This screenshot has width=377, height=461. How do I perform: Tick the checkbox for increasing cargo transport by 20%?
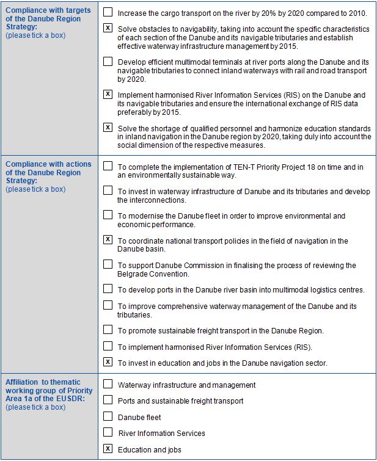(x=108, y=12)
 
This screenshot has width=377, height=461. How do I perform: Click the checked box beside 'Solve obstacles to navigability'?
(x=108, y=28)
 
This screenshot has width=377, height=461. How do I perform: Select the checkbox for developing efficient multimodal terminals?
(x=108, y=61)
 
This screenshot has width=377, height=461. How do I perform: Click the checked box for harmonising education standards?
(x=108, y=128)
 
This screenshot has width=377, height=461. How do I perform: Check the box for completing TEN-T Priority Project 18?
(x=108, y=165)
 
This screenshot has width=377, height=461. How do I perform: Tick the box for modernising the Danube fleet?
(x=108, y=215)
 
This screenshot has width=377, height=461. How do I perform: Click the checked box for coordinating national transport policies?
(x=108, y=240)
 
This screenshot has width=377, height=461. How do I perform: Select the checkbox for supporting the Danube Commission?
(x=108, y=264)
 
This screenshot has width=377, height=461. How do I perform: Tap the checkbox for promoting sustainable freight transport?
(x=108, y=330)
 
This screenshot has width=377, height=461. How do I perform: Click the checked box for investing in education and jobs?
(x=108, y=362)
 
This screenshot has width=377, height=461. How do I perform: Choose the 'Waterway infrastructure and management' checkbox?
(x=108, y=385)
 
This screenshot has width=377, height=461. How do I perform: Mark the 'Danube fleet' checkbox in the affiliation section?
(x=108, y=416)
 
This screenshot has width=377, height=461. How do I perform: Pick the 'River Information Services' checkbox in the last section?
(x=108, y=432)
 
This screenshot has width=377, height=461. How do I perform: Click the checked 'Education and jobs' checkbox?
(x=108, y=449)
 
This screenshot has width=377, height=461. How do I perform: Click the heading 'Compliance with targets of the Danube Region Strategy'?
(x=48, y=19)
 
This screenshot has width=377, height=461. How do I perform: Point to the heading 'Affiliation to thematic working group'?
(x=49, y=390)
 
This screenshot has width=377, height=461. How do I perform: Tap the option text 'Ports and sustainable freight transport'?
(x=180, y=401)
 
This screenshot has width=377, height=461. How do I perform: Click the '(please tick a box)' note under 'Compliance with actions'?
(x=35, y=189)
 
